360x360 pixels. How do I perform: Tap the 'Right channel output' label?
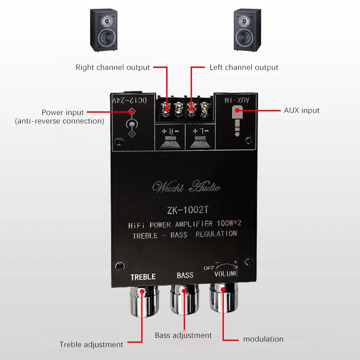click(113, 67)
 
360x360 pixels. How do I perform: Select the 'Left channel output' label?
click(244, 67)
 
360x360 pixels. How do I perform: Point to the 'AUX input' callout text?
click(302, 110)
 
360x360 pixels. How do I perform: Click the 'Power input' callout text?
click(63, 112)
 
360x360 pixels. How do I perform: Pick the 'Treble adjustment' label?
click(91, 345)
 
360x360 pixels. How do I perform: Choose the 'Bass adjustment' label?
click(183, 335)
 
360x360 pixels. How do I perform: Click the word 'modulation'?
click(263, 339)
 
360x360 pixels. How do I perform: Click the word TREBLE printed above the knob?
click(143, 276)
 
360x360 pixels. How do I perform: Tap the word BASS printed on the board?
click(185, 275)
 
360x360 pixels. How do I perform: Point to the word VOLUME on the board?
click(227, 274)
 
